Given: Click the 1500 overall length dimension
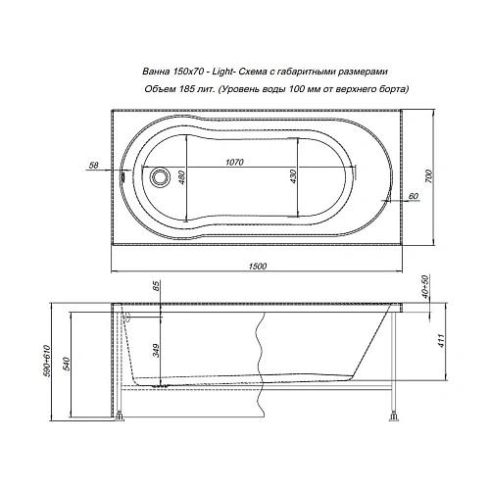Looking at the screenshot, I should (x=260, y=264).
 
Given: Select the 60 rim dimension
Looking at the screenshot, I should (x=413, y=197).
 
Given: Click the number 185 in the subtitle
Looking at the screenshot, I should (x=195, y=90).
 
